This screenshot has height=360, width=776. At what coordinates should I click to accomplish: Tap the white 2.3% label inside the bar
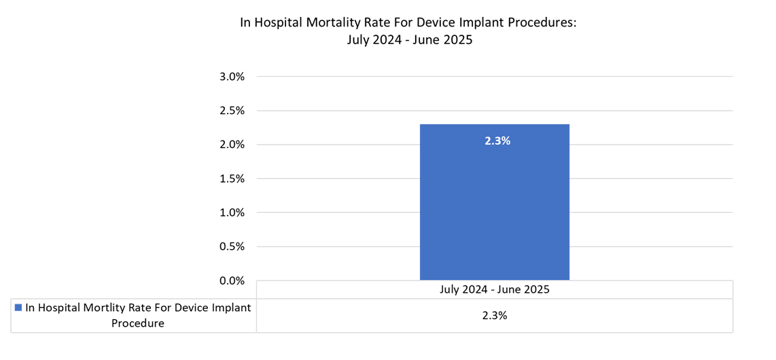[x=497, y=141]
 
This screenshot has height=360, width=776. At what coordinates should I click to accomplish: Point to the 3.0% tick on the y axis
[x=232, y=77]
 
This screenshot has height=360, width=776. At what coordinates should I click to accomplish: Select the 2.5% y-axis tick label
[x=232, y=111]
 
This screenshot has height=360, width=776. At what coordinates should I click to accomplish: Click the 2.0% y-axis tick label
[x=232, y=145]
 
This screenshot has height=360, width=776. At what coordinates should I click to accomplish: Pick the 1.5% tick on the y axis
[x=232, y=179]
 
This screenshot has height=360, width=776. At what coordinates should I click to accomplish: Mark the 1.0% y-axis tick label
[x=232, y=213]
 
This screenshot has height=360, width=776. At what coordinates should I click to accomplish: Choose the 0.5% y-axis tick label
[x=232, y=247]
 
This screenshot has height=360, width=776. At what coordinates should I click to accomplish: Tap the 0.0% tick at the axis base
[x=232, y=281]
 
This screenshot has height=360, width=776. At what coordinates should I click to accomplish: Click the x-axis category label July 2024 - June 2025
[x=494, y=289]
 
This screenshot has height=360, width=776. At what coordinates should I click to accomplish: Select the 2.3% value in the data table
[x=494, y=316]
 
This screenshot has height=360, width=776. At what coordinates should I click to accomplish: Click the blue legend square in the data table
[x=18, y=308]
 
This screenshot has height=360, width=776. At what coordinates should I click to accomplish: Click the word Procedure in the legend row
[x=138, y=323]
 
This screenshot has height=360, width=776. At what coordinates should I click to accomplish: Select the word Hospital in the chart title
[x=278, y=22]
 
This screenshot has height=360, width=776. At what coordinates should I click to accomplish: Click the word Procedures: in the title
[x=543, y=22]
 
